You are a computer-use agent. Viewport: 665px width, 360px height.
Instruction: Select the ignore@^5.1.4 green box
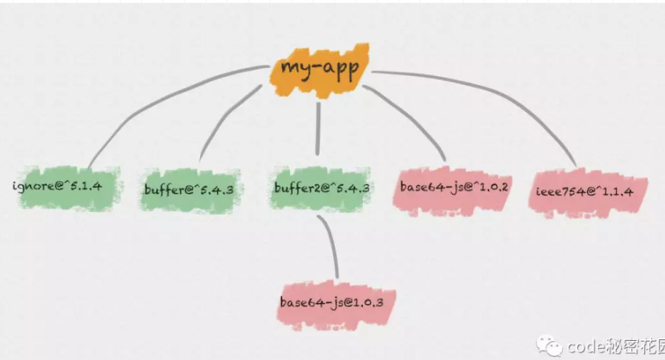(x=68, y=188)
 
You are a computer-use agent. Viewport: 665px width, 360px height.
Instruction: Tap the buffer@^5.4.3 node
(x=189, y=190)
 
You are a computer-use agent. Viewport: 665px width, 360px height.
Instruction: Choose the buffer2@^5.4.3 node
(x=320, y=189)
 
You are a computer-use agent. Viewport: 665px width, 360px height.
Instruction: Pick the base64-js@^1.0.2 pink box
(x=452, y=191)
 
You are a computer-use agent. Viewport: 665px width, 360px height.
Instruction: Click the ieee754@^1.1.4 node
(x=587, y=194)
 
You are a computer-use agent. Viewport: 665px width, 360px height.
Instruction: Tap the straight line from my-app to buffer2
(x=318, y=129)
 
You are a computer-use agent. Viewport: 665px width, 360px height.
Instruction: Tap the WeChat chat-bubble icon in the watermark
(x=549, y=345)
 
